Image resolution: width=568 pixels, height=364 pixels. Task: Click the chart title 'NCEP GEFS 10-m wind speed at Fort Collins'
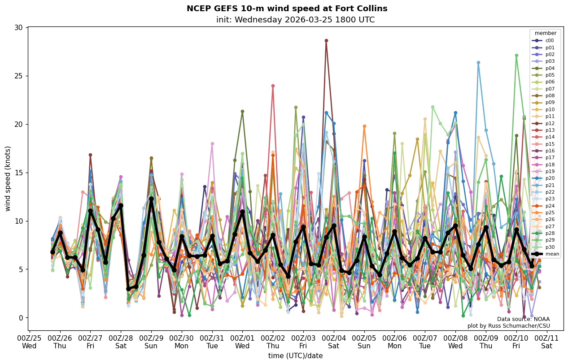point(287,9)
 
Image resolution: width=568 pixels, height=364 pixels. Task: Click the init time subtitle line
point(295,20)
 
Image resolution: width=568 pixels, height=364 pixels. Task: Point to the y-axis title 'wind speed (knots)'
point(8,178)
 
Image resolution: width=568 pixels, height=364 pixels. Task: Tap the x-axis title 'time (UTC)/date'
point(295,356)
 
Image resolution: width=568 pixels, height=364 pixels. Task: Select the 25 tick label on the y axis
point(18,76)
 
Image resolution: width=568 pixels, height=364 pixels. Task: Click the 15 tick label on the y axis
point(18,173)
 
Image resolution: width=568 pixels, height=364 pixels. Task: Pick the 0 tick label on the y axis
point(20,318)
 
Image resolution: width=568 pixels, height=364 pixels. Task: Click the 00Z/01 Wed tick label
point(243,342)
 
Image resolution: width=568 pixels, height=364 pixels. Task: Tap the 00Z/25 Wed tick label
point(30,342)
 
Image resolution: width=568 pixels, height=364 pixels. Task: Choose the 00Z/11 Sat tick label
point(547,342)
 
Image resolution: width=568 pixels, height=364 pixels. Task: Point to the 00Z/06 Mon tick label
point(395,342)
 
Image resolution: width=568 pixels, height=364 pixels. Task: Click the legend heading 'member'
point(545,33)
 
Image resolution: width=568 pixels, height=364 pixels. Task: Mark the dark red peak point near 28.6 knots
point(326,40)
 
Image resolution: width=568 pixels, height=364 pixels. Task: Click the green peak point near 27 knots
point(516,56)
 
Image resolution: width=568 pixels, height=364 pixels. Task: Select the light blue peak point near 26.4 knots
point(478,62)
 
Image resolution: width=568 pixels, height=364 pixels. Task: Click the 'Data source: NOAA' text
point(523,319)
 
